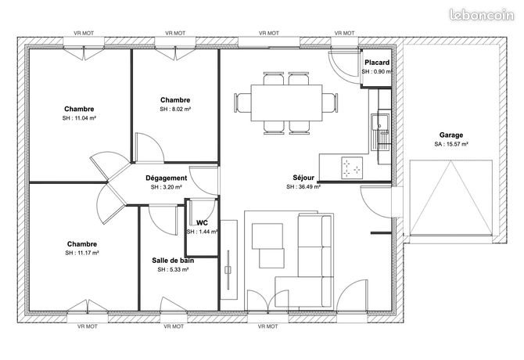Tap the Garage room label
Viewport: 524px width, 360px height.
point(451,135)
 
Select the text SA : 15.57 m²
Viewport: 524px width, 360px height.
point(451,145)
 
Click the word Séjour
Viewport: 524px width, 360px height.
point(303,178)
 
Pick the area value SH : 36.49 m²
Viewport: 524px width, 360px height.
point(303,187)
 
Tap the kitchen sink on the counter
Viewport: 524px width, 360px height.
point(381,125)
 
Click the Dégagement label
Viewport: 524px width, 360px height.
point(166,178)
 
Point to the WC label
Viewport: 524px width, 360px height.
point(201,223)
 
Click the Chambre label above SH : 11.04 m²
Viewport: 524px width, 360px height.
point(80,109)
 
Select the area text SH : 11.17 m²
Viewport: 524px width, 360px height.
point(81,254)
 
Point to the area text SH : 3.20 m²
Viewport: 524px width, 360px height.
point(166,188)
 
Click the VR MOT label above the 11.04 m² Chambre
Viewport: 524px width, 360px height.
point(84,33)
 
